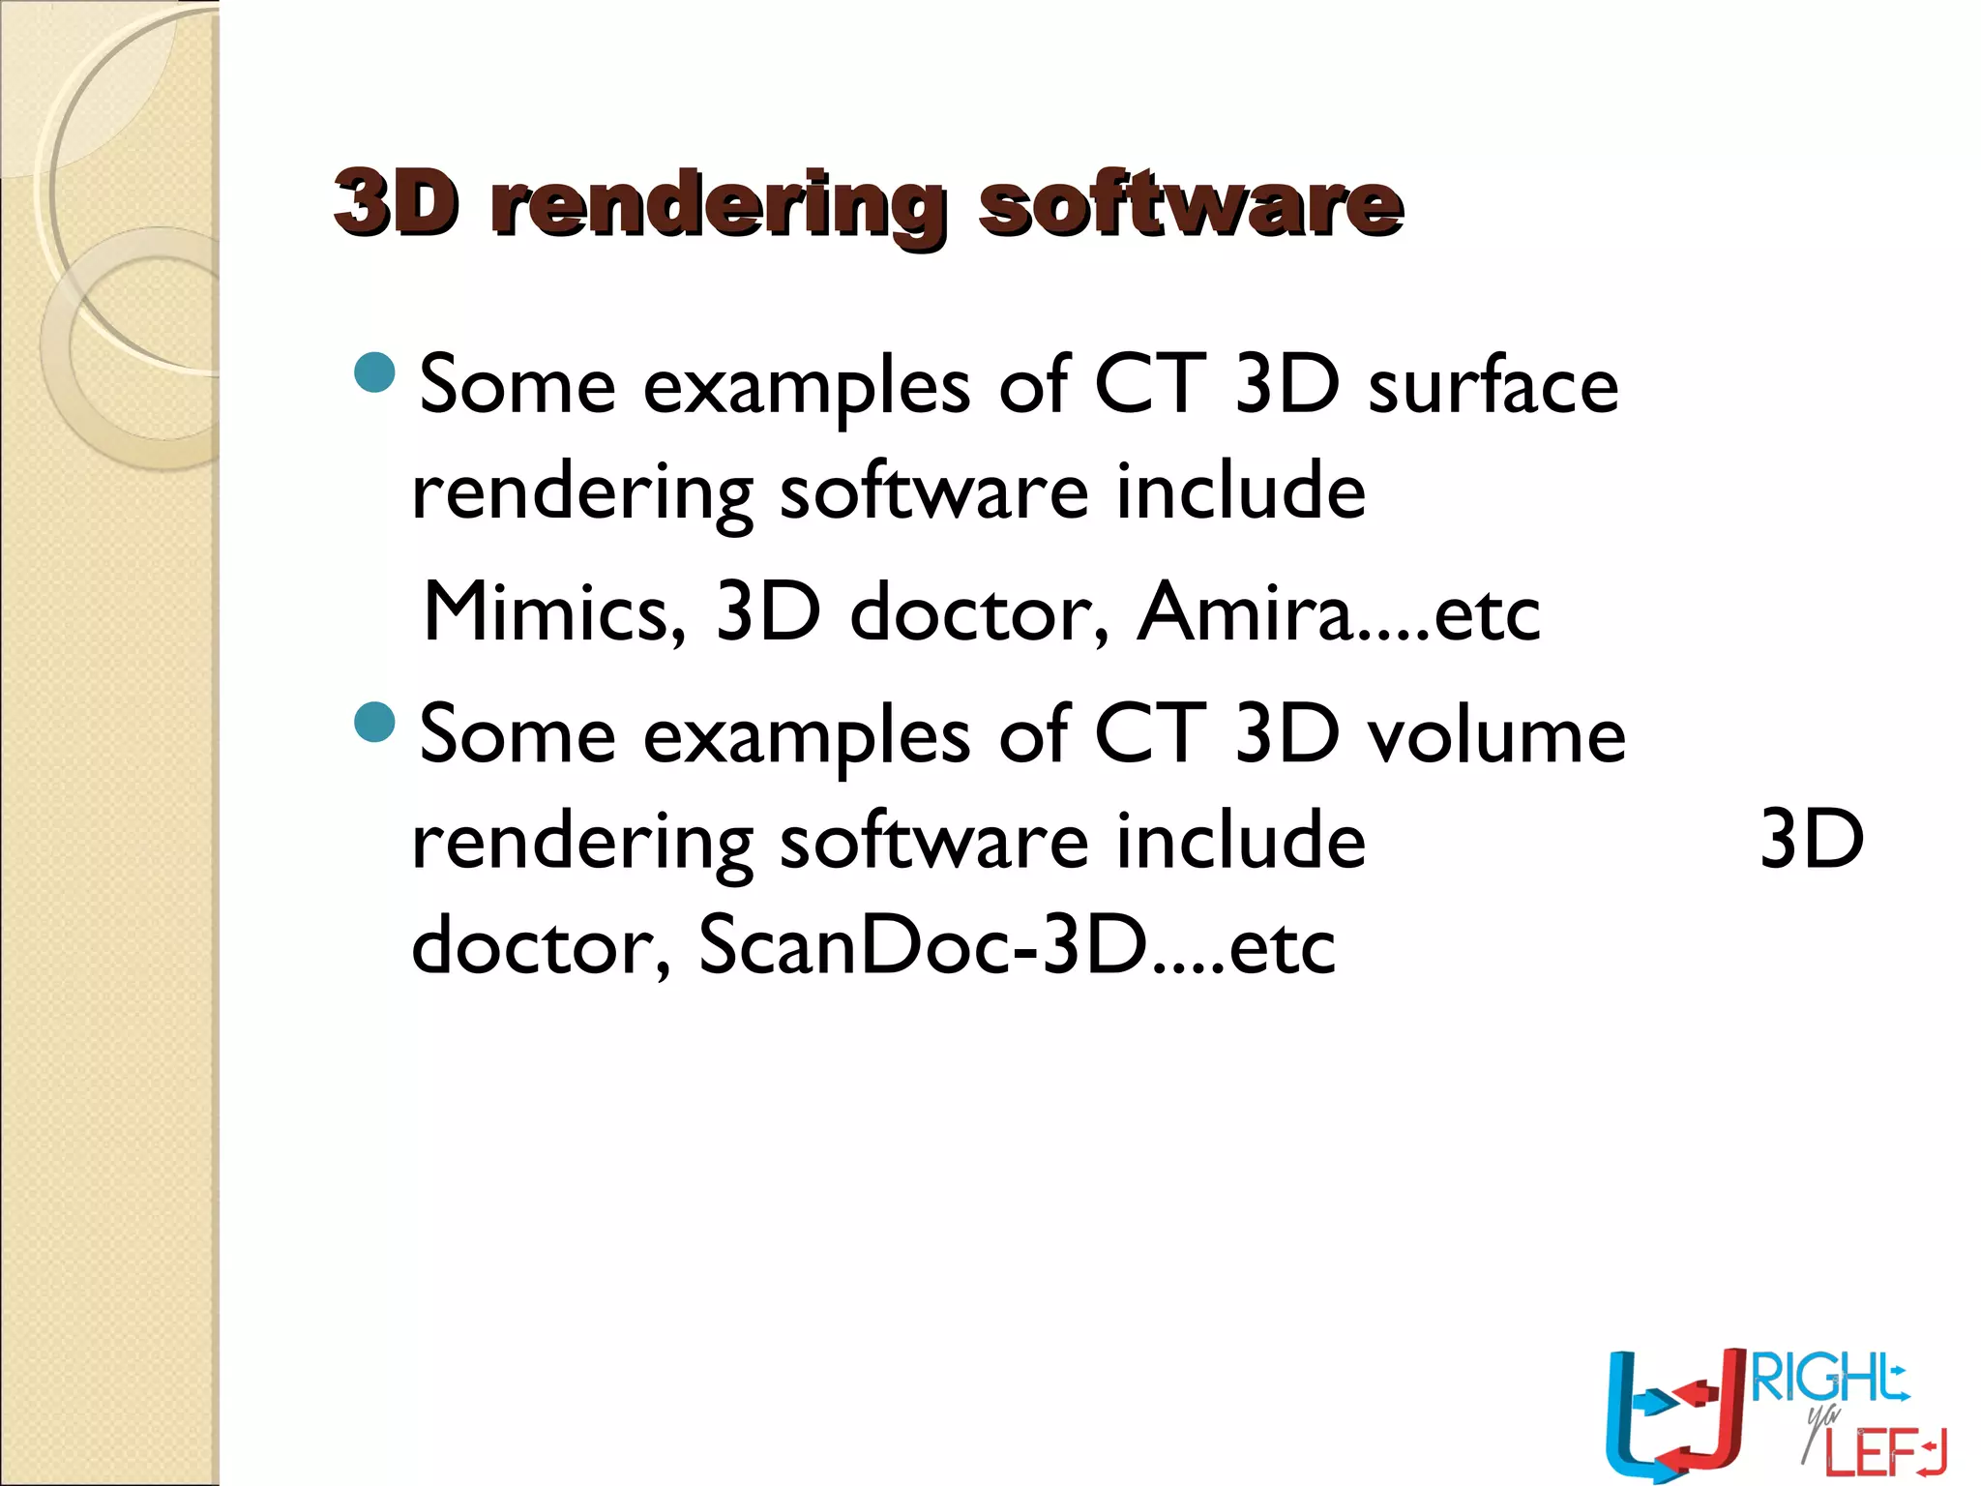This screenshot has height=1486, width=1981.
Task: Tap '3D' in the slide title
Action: point(396,202)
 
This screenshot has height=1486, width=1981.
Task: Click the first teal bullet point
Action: point(375,372)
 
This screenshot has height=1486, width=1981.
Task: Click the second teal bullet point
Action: point(375,722)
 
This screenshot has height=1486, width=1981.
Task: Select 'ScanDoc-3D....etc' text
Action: point(1016,945)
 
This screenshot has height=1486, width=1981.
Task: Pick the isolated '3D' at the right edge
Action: point(1811,839)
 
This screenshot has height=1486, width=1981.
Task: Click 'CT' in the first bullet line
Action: point(1150,385)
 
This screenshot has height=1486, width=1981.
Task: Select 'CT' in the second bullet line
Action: point(1150,734)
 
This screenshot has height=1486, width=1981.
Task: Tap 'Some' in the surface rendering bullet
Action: point(517,385)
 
